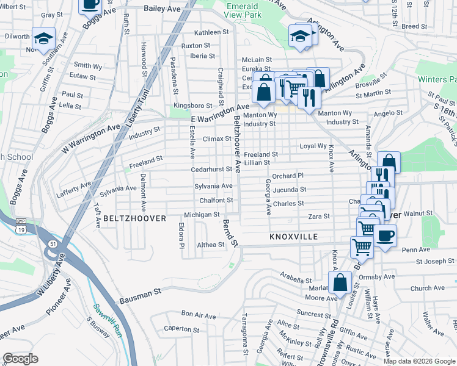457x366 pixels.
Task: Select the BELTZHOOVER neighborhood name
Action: pyautogui.click(x=134, y=218)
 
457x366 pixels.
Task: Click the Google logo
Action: pyautogui.click(x=21, y=359)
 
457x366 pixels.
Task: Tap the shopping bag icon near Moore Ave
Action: pyautogui.click(x=340, y=282)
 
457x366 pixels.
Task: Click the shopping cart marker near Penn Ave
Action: pyautogui.click(x=362, y=247)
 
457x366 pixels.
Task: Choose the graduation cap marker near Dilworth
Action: pyautogui.click(x=43, y=38)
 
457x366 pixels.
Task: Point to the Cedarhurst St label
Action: pyautogui.click(x=212, y=169)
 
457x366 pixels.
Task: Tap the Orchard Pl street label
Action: pyautogui.click(x=288, y=176)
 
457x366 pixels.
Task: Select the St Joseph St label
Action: pyautogui.click(x=435, y=262)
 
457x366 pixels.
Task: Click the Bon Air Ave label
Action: pyautogui.click(x=199, y=316)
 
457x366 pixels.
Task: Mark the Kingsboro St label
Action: pyautogui.click(x=192, y=106)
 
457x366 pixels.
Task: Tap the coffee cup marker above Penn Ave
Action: pyautogui.click(x=385, y=236)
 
